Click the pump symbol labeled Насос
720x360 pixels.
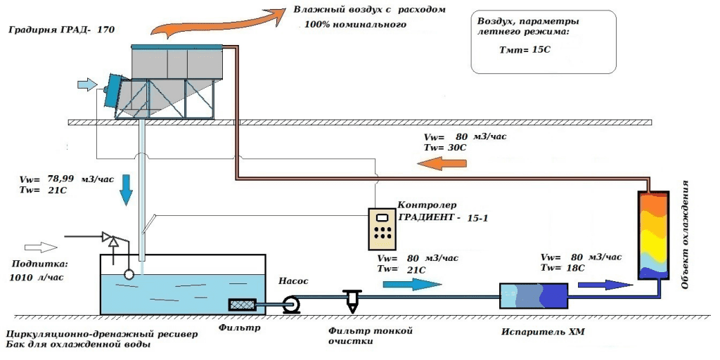coord(290,304)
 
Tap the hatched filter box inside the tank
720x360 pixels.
coord(243,304)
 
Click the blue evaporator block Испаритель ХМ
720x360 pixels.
coord(533,295)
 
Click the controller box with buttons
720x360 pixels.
coord(383,229)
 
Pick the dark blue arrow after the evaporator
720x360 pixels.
coord(604,284)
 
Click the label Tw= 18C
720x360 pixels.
coord(562,268)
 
